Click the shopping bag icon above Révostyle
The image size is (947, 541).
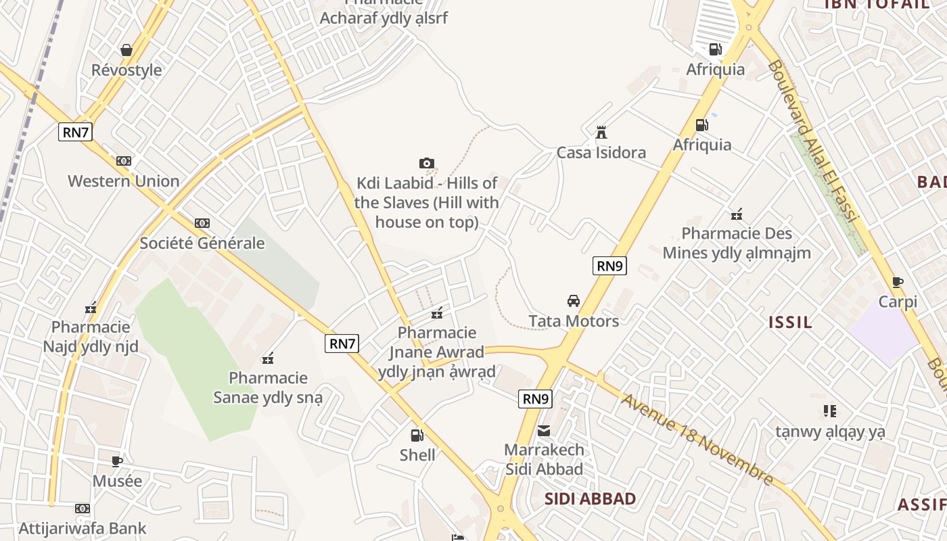[x=126, y=50]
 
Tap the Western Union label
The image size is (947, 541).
[x=124, y=181]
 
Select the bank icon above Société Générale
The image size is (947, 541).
[x=202, y=223]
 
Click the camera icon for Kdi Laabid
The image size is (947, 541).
[x=426, y=163]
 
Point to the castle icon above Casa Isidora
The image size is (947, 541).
[x=601, y=132]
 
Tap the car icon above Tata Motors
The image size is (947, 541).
[x=574, y=300]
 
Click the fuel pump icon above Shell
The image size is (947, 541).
[x=417, y=436]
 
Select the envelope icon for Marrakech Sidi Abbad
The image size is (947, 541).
[x=544, y=431]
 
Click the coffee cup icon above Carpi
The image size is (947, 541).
[x=898, y=282]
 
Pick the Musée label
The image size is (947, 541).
[x=118, y=481]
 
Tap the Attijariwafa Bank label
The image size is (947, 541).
[x=83, y=528]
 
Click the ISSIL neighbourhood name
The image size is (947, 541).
[x=791, y=322]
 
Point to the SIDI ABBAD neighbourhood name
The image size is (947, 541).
[x=591, y=499]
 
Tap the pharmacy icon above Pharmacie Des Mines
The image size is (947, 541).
[x=737, y=215]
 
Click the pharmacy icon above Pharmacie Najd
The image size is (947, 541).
[x=91, y=308]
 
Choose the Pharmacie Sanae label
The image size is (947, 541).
[x=268, y=387]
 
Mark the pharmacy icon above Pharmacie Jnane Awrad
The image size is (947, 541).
[x=437, y=313]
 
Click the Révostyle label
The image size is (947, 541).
[x=126, y=70]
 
